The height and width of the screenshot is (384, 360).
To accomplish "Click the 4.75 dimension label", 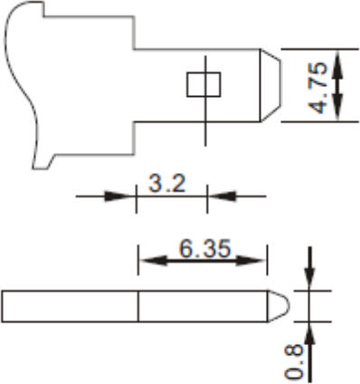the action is click(317, 88).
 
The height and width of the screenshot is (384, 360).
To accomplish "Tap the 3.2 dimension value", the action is click(167, 183).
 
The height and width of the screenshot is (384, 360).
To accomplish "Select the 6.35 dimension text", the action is click(205, 249).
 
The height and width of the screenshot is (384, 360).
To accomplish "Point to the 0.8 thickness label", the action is click(293, 361).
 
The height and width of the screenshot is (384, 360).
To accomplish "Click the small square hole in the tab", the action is click(204, 84).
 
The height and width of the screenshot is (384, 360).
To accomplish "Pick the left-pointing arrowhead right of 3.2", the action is click(223, 197).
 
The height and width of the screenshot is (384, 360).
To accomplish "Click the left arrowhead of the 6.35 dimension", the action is click(154, 261).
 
